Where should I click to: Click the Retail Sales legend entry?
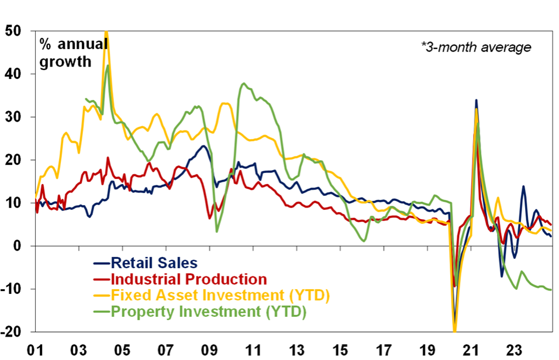coord(154,263)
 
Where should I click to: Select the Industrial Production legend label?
coord(188,279)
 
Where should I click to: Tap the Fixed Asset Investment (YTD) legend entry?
coord(219,296)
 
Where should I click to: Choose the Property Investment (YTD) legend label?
coord(208,312)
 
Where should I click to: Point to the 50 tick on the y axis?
coord(13,31)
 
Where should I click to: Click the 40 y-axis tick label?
coord(13,74)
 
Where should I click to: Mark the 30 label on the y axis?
coord(13,117)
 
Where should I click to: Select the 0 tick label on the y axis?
coord(18,246)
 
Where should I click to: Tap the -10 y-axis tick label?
coord(11,289)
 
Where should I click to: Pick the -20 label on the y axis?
coord(11,332)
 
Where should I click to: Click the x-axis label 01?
coord(34,351)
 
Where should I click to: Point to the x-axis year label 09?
coord(209,351)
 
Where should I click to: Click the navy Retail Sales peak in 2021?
coord(476,101)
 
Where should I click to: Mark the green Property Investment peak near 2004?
coord(108,65)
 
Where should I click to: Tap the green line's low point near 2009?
coord(217,231)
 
